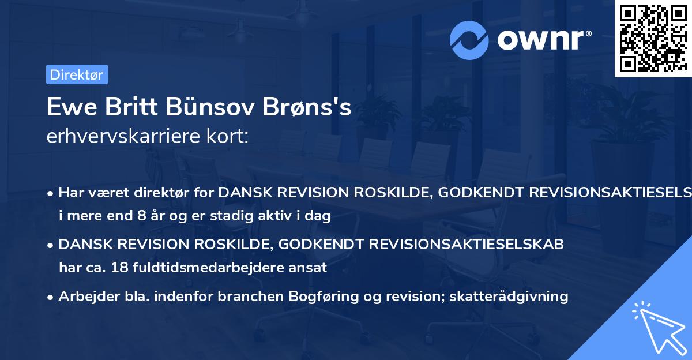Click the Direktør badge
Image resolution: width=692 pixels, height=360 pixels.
pos(77,74)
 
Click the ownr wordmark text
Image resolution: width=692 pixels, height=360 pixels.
pos(542,40)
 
